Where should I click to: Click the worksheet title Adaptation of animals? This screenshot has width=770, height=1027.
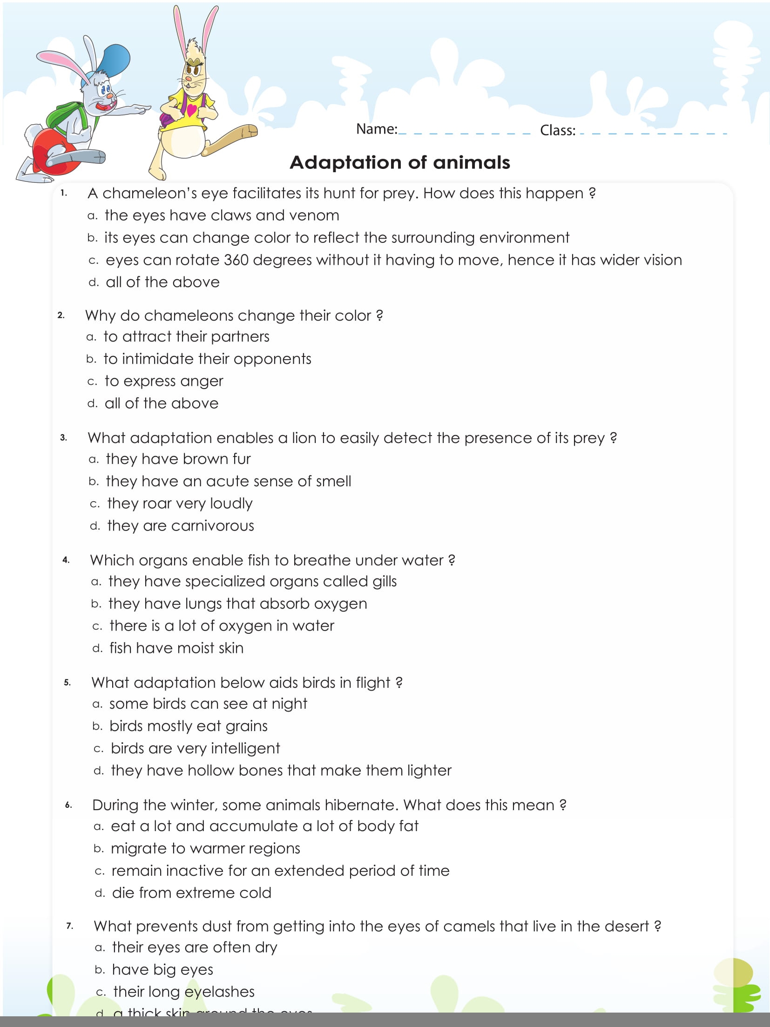399,162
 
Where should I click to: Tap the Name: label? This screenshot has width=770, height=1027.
376,129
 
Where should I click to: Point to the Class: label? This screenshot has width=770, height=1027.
557,130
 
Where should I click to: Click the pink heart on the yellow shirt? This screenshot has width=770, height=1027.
192,110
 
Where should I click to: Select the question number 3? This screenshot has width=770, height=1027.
63,437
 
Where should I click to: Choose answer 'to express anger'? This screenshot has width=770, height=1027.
163,381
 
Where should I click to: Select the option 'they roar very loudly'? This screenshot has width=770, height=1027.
179,503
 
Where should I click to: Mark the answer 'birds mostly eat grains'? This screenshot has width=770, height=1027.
188,726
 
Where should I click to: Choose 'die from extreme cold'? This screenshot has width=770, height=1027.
191,893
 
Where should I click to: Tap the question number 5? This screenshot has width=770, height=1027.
68,683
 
